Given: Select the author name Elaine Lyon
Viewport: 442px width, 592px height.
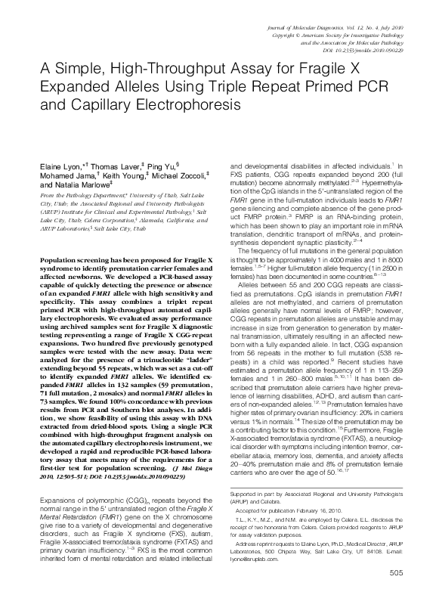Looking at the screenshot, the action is point(63,166).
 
